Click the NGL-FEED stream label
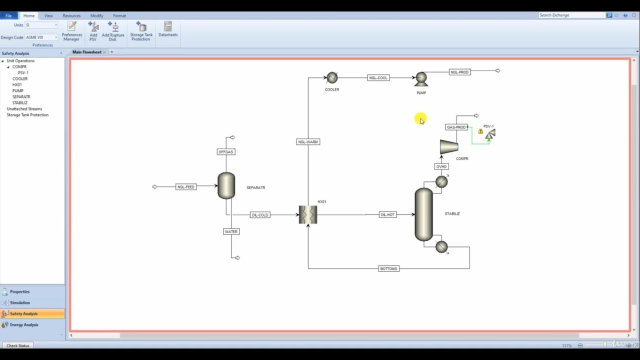(x=185, y=187)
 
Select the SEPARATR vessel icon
(x=226, y=185)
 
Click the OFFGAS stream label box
(x=225, y=151)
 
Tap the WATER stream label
(x=231, y=231)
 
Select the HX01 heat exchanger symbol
(x=308, y=214)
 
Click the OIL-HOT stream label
(x=387, y=214)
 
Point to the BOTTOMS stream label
(x=388, y=268)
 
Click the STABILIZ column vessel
(x=423, y=214)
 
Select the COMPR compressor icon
(x=449, y=146)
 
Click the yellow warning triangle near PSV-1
(x=480, y=131)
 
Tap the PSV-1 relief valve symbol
(x=490, y=134)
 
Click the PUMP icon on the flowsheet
(x=421, y=79)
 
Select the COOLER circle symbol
(x=332, y=77)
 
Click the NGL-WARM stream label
(x=308, y=142)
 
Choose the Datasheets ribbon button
(x=168, y=29)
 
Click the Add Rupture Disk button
(x=113, y=30)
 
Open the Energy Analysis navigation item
(x=24, y=324)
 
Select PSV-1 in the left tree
(x=23, y=72)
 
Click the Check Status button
(x=18, y=345)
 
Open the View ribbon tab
(x=48, y=15)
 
